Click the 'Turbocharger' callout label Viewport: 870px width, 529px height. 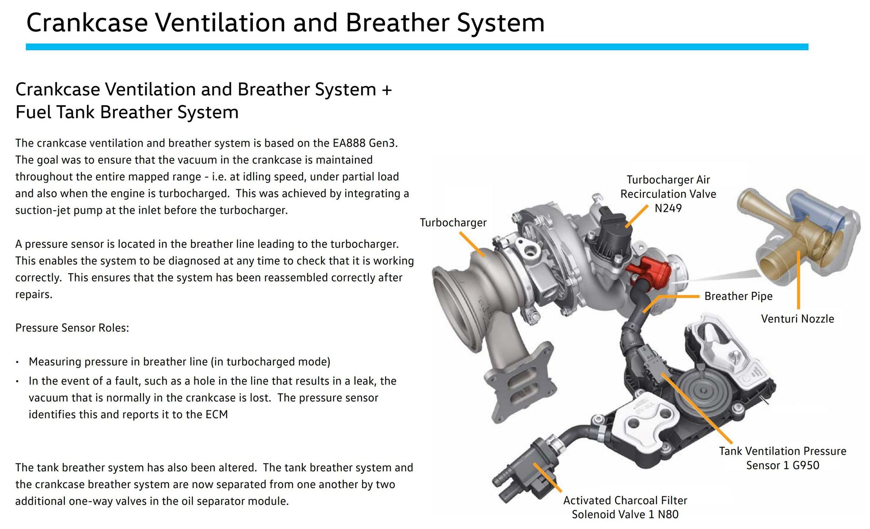click(x=453, y=223)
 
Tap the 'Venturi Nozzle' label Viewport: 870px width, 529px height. click(x=797, y=319)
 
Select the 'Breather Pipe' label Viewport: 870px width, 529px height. click(x=738, y=296)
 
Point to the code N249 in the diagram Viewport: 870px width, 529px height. click(x=668, y=208)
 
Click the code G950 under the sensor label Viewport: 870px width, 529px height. click(x=806, y=465)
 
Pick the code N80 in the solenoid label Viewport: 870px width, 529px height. click(x=668, y=515)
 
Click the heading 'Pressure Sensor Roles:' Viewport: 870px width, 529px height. click(x=72, y=328)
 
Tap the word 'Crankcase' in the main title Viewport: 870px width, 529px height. click(x=87, y=23)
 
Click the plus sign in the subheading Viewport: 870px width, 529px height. click(x=386, y=90)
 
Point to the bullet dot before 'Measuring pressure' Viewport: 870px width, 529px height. click(x=17, y=362)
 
